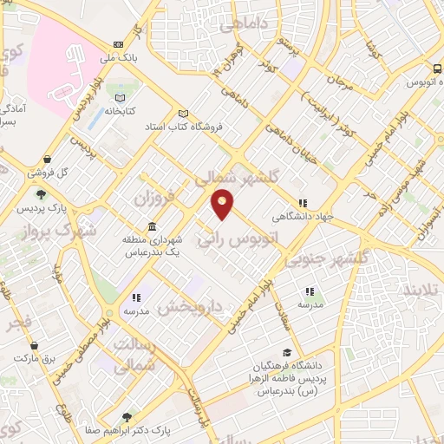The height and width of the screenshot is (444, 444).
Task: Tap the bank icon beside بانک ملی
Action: [x=119, y=45]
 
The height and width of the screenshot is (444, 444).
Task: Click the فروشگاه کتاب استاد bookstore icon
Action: [x=183, y=113]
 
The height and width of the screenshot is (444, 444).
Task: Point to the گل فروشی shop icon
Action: [x=47, y=159]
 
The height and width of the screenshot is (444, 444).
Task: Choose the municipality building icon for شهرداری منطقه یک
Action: [x=152, y=226]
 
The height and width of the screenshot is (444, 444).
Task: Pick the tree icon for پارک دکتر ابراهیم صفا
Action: [x=128, y=417]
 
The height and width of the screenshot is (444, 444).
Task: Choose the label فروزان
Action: [x=154, y=199]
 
